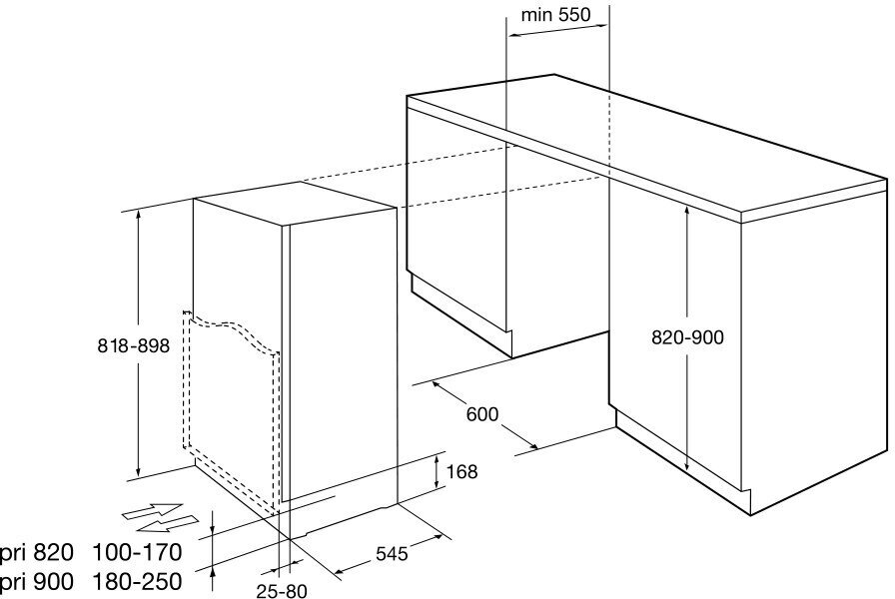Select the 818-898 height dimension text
tap(133, 346)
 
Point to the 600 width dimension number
tap(481, 413)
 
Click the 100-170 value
tap(137, 551)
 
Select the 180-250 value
tap(137, 581)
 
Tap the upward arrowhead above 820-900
tap(687, 212)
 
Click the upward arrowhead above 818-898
tap(138, 216)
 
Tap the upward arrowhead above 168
tap(439, 458)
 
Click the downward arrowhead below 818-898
tap(138, 471)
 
